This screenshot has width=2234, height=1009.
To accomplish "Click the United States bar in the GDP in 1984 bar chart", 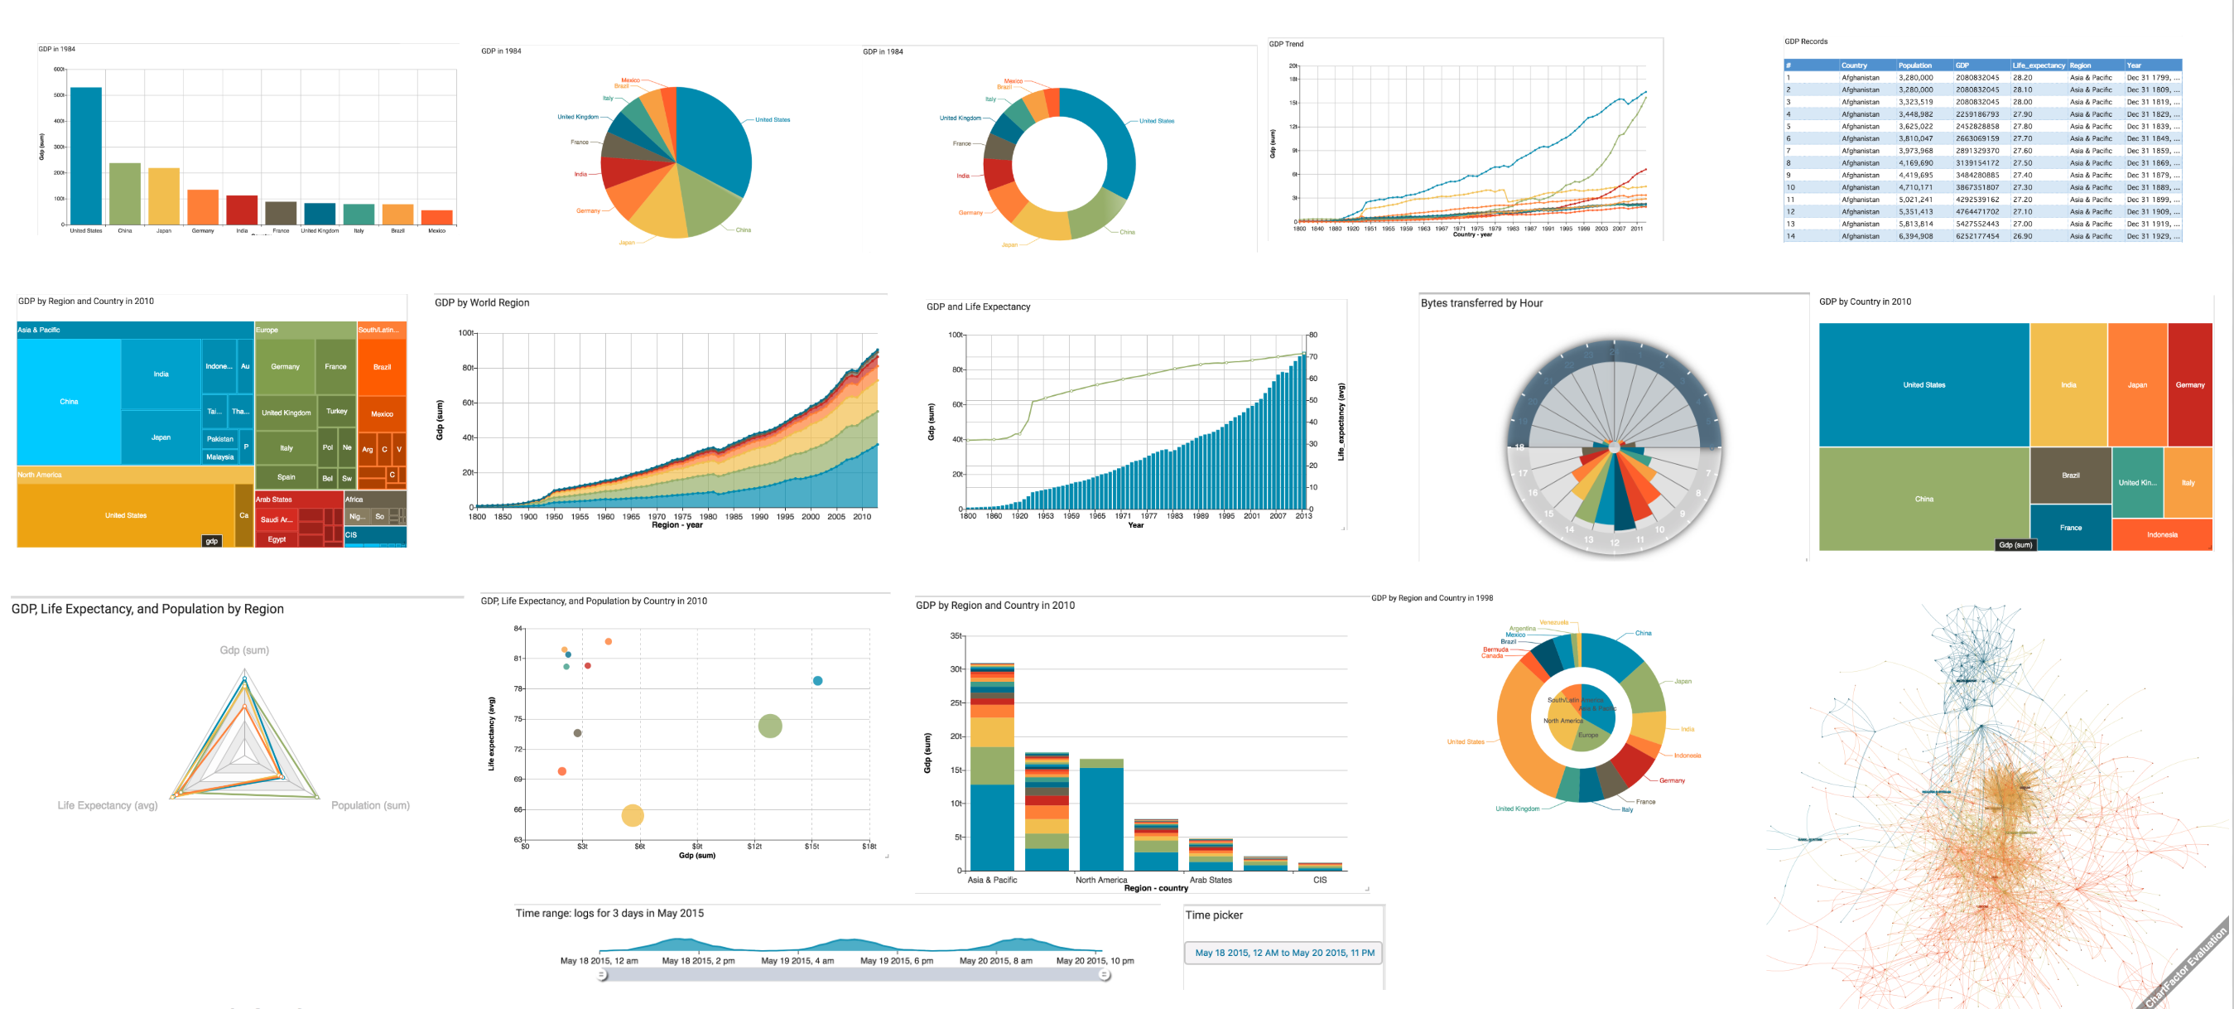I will tap(86, 157).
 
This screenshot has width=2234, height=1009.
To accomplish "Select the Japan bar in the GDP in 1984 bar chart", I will tap(164, 196).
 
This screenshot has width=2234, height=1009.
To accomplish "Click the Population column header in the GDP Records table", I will tap(1915, 65).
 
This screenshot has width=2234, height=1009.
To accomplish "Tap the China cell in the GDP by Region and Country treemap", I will tap(69, 402).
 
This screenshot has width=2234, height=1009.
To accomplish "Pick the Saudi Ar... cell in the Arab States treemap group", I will tap(277, 519).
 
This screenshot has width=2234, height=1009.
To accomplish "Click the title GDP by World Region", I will tap(481, 303).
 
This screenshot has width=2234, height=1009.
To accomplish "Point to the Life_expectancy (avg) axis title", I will tap(1341, 422).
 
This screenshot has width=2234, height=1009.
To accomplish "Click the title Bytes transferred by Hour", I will tap(1481, 303).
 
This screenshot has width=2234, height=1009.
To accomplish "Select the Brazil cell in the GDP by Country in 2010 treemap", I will tap(2071, 476).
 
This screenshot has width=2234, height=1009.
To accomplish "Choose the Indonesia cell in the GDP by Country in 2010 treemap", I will tap(2162, 534).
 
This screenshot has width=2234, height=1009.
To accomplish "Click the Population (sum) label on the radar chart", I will tap(370, 805).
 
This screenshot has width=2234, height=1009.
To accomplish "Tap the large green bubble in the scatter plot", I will tap(770, 726).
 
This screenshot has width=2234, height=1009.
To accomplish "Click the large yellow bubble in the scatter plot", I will tap(633, 815).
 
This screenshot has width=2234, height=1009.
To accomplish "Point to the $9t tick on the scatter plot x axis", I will tap(697, 846).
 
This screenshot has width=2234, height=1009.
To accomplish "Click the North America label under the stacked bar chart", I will tap(1101, 880).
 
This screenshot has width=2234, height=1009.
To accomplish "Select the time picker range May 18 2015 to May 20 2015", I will tap(1284, 953).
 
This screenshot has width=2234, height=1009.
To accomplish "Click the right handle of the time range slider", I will tap(1104, 975).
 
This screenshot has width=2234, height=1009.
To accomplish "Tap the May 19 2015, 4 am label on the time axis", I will tap(798, 960).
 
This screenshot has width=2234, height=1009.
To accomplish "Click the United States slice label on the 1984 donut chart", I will tap(1156, 122).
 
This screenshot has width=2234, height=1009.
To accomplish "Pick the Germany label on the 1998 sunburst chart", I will tap(1672, 781).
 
